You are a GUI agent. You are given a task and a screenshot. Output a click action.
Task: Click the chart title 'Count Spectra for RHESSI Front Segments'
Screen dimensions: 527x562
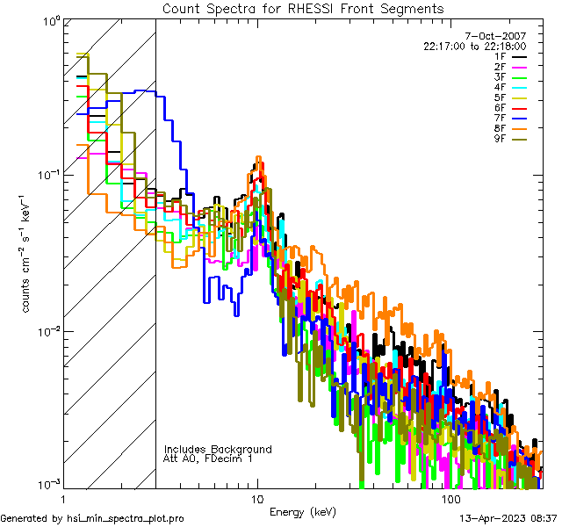[x=303, y=9]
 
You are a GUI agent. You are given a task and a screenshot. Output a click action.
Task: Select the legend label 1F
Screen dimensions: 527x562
[x=500, y=56]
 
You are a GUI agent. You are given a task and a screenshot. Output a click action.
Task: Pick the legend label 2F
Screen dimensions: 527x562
[x=500, y=67]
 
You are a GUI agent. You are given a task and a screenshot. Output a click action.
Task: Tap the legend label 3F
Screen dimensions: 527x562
[x=500, y=77]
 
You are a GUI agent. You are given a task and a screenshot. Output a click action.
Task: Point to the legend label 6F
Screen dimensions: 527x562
[x=500, y=108]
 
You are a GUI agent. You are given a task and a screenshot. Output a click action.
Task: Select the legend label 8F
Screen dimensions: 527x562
[x=500, y=128]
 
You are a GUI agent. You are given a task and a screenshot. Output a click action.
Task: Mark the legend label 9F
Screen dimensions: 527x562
[x=500, y=139]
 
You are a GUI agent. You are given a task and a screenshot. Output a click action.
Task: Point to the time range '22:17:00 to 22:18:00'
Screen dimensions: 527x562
[x=474, y=46]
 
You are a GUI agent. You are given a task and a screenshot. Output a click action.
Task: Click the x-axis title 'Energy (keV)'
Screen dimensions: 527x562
[x=303, y=511]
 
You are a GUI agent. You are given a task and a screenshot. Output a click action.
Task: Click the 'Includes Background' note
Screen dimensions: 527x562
[x=218, y=449]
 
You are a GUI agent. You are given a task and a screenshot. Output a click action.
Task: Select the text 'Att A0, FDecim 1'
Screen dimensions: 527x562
[x=208, y=458]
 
